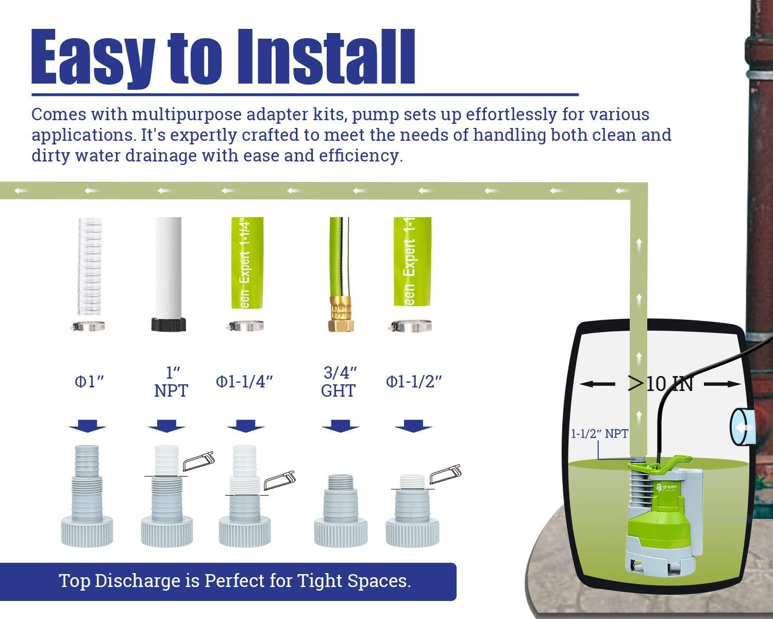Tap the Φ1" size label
[89, 382]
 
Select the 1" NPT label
[171, 382]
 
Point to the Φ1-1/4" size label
[244, 382]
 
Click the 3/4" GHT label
[339, 382]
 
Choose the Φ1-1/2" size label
[414, 382]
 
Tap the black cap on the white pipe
[169, 324]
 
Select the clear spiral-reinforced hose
[90, 266]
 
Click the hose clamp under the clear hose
[89, 326]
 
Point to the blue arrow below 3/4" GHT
[340, 426]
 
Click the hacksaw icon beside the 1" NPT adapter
[198, 461]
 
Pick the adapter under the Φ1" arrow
[88, 495]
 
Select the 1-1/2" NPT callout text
[599, 434]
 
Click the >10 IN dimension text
[660, 384]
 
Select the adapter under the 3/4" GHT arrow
[341, 511]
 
